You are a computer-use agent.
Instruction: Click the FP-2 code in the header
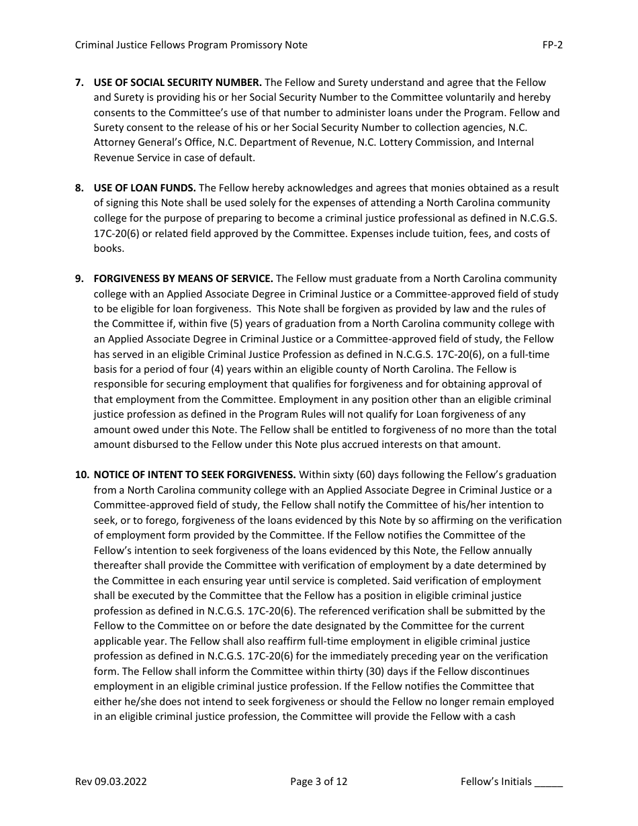[552, 45]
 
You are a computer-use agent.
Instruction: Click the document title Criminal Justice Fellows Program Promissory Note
[191, 45]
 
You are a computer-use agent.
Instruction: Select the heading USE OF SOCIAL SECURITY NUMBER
[177, 83]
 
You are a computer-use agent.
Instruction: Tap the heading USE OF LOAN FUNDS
[144, 188]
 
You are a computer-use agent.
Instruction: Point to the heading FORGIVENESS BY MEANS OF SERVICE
[183, 279]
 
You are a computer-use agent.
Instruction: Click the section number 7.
[79, 83]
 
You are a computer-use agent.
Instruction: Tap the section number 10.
[81, 475]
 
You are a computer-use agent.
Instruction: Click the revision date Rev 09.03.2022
[111, 781]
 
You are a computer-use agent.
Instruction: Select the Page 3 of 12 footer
[319, 781]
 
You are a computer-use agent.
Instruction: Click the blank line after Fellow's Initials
[549, 782]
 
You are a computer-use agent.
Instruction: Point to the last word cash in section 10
[504, 717]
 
